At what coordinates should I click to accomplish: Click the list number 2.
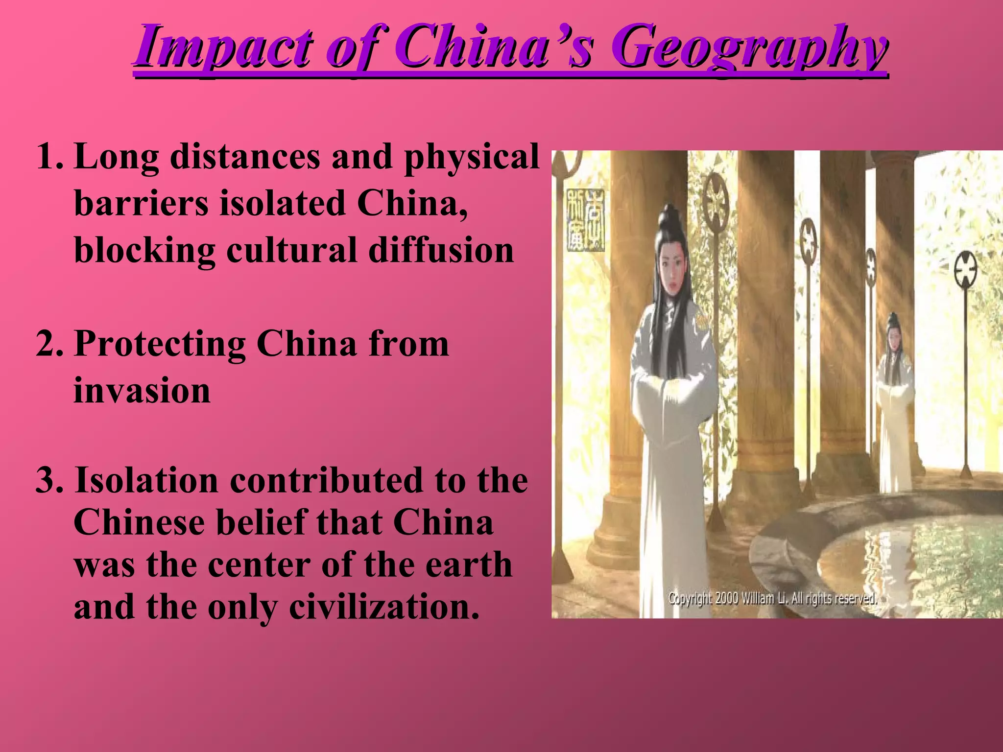coord(49,344)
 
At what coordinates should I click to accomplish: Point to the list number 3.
coord(49,481)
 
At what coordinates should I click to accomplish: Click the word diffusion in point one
coord(441,250)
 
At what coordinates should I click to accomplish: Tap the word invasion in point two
coord(142,391)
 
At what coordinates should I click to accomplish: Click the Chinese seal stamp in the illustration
coord(586,221)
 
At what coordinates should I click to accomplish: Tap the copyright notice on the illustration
coord(772,598)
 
